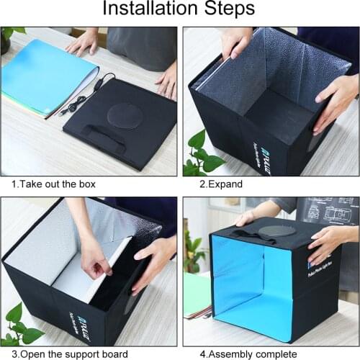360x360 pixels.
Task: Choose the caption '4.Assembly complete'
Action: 238,354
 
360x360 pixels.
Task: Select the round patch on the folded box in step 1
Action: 124,115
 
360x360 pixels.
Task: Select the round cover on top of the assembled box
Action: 272,231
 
